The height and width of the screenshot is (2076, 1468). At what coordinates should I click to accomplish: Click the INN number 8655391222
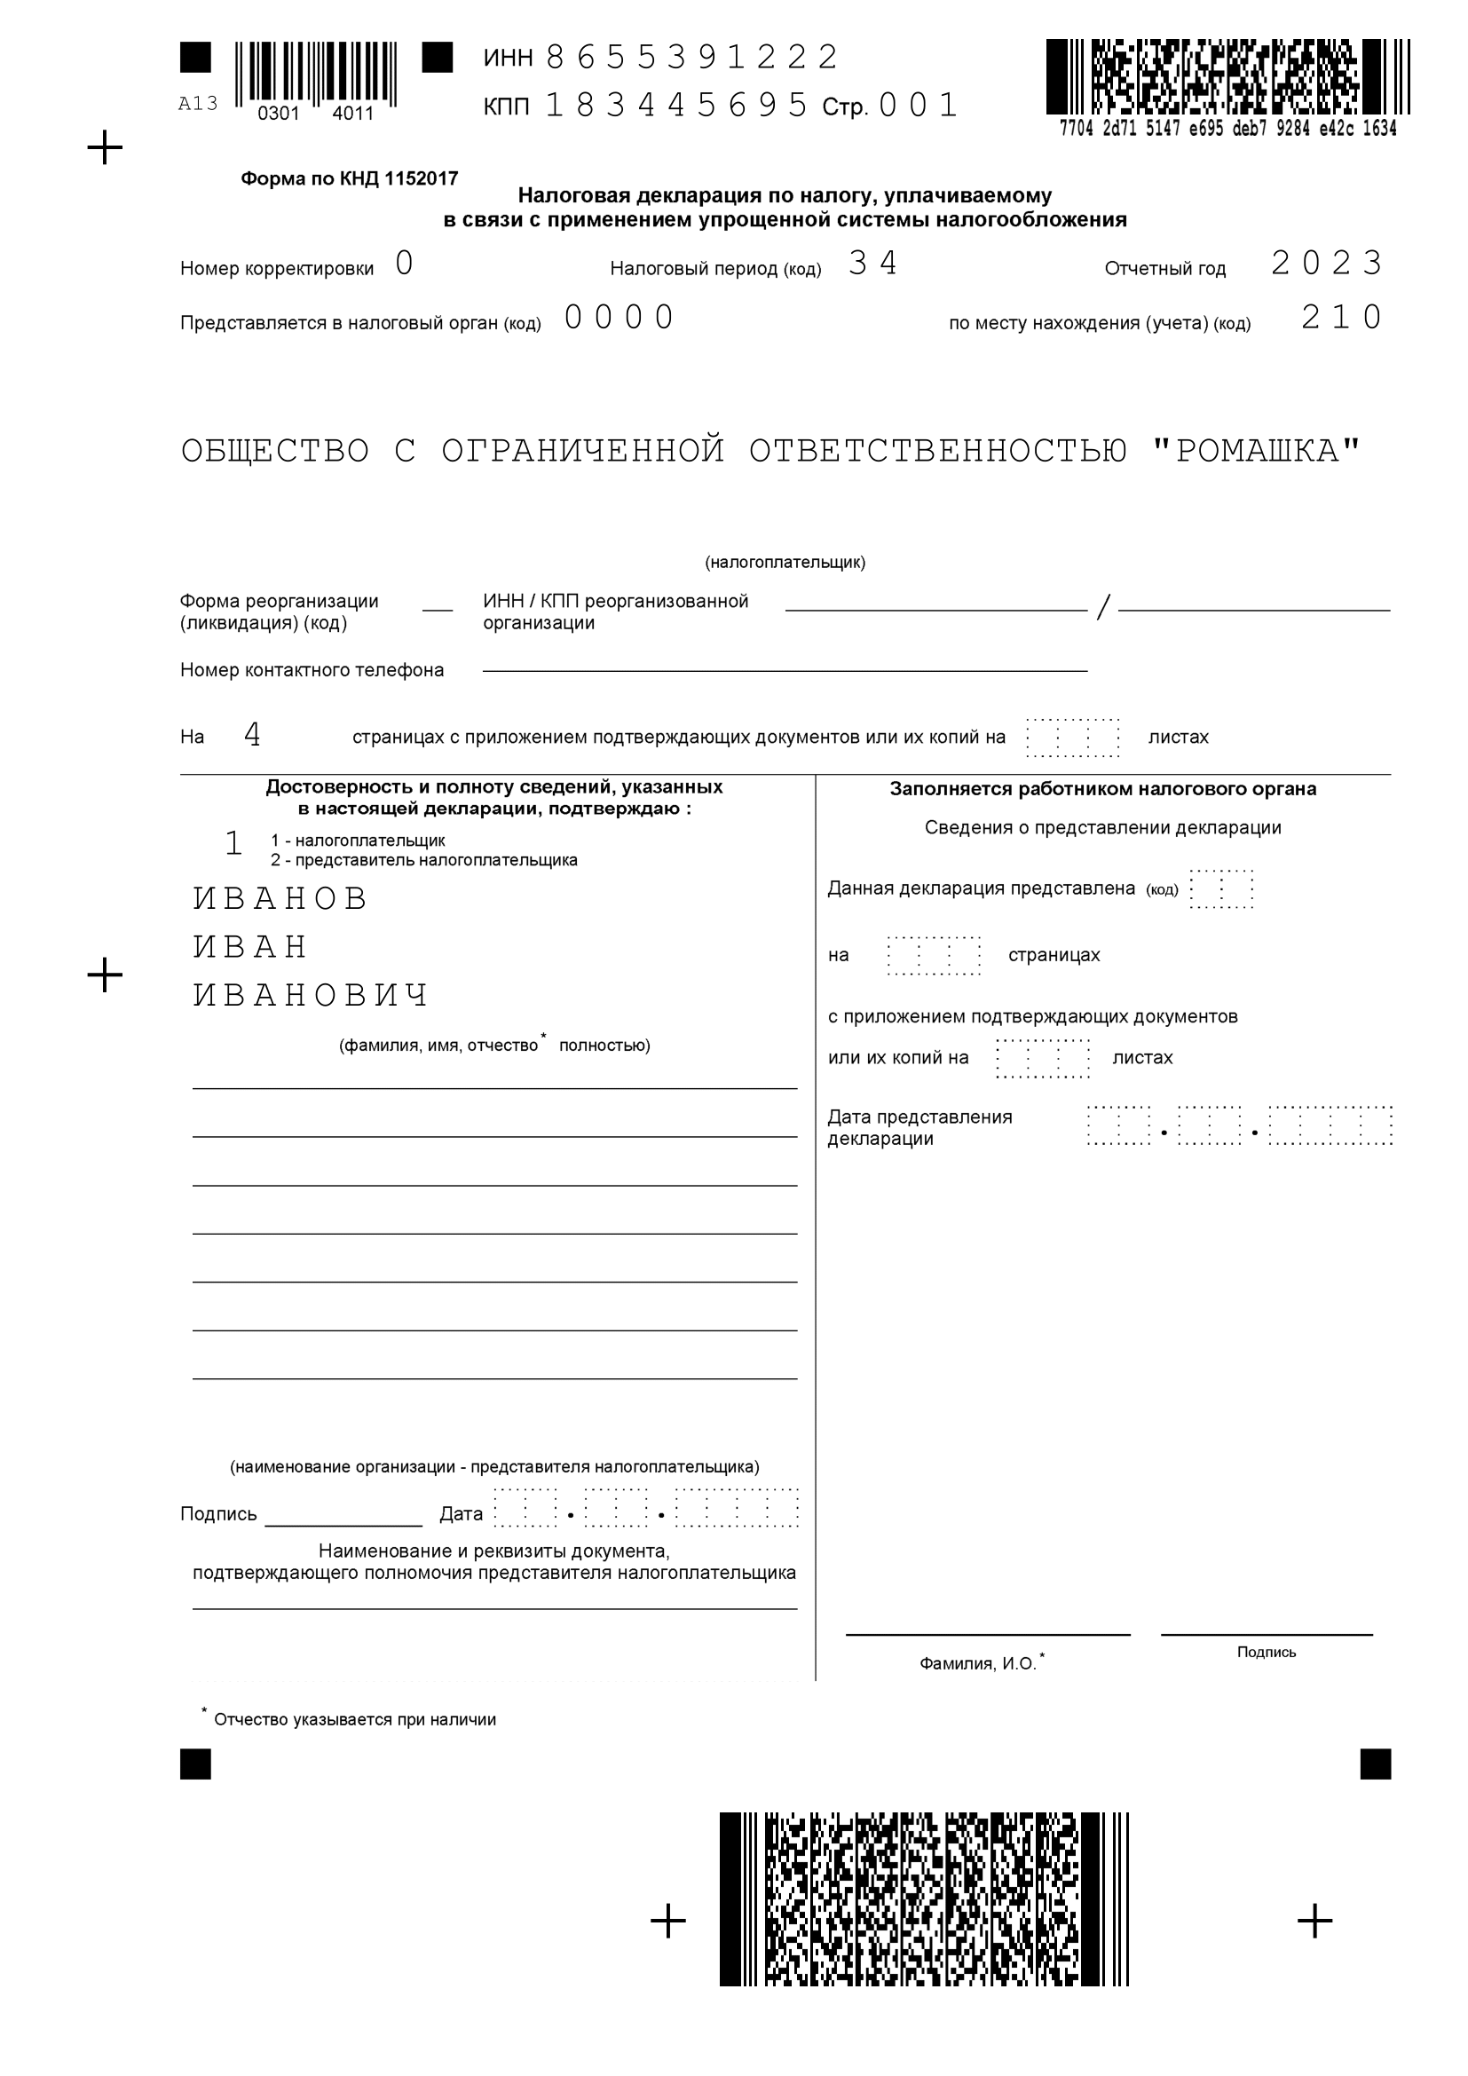pyautogui.click(x=691, y=58)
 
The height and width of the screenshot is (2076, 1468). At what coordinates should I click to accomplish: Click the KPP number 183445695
pyautogui.click(x=676, y=106)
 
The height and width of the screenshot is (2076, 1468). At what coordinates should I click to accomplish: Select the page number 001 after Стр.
pyautogui.click(x=918, y=106)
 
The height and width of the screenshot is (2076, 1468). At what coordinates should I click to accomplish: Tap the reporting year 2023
pyautogui.click(x=1326, y=263)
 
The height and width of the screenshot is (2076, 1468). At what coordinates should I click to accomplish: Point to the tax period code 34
pyautogui.click(x=872, y=263)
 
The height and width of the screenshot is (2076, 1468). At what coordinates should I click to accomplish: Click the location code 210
pyautogui.click(x=1341, y=318)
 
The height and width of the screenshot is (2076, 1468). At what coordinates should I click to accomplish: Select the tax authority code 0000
pyautogui.click(x=620, y=318)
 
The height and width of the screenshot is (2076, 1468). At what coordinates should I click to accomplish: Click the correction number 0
pyautogui.click(x=404, y=263)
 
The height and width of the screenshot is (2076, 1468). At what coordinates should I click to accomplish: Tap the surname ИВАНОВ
pyautogui.click(x=281, y=898)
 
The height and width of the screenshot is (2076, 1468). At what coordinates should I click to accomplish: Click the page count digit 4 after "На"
pyautogui.click(x=252, y=735)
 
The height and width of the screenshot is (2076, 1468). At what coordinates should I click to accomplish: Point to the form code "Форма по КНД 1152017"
pyautogui.click(x=349, y=179)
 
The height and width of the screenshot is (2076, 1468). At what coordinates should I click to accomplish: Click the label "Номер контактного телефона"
pyautogui.click(x=312, y=670)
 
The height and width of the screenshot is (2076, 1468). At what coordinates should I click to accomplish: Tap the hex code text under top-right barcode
pyautogui.click(x=1227, y=129)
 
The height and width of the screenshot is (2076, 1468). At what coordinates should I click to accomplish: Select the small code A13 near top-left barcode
pyautogui.click(x=198, y=104)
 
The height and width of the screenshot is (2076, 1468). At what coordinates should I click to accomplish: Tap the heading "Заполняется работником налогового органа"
pyautogui.click(x=1103, y=788)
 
